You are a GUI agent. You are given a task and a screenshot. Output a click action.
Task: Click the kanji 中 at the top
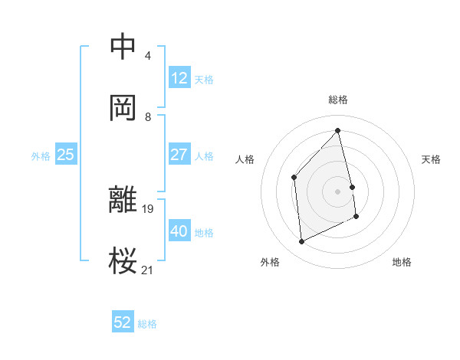click(123, 46)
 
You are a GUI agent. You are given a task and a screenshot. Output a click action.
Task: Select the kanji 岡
click(123, 107)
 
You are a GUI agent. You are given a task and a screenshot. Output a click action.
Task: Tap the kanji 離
click(123, 201)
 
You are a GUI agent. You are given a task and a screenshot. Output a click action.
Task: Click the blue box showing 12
click(179, 78)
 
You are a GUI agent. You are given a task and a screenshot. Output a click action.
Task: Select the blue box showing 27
click(179, 155)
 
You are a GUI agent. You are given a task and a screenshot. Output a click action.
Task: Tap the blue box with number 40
click(179, 231)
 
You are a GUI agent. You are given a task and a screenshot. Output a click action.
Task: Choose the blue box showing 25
click(66, 155)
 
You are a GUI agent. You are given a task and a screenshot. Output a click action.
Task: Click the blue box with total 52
click(123, 322)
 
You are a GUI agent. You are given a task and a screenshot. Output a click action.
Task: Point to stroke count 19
click(149, 208)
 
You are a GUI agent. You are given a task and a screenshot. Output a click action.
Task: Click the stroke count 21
click(148, 270)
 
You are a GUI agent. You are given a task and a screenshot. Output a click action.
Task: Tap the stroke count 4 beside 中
click(148, 56)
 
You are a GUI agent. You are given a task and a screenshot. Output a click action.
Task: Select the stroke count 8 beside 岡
click(148, 117)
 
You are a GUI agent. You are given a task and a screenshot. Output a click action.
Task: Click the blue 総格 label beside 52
click(147, 324)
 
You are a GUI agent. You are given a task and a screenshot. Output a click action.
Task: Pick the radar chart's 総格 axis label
click(338, 100)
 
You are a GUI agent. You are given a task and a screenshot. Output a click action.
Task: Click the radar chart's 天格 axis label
click(432, 159)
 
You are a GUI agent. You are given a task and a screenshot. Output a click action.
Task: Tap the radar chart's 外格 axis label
click(270, 262)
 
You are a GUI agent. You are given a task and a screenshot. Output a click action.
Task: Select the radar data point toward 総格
click(338, 131)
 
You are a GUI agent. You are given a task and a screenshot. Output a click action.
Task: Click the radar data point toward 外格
click(301, 242)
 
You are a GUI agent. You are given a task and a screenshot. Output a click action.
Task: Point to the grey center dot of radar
click(338, 191)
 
